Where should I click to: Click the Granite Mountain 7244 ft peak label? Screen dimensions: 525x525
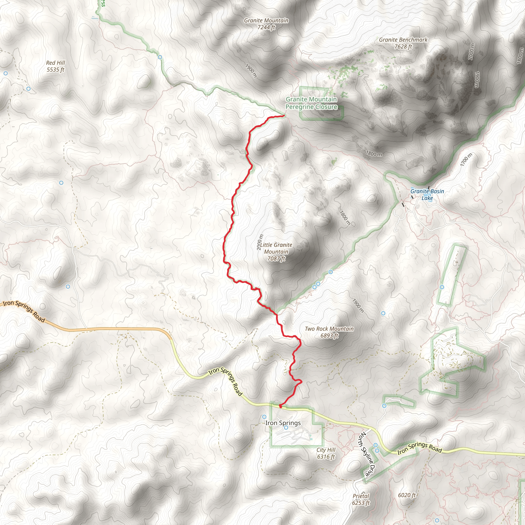coord(266,24)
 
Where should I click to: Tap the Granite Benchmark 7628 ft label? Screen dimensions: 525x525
coord(403,43)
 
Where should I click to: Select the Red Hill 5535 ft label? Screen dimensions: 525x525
coord(55,66)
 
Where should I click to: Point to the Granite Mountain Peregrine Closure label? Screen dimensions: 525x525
coord(311,103)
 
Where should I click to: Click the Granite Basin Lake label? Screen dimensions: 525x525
coord(427,195)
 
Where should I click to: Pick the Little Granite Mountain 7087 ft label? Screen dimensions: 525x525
coord(276,252)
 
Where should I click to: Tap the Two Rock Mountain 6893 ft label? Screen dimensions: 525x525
coord(329,332)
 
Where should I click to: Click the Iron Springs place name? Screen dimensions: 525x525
coord(283,423)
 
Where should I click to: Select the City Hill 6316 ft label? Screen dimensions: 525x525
coord(326,453)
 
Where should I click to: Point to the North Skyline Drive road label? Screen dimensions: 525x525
coord(367,454)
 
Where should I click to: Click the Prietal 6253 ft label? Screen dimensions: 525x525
coord(361,499)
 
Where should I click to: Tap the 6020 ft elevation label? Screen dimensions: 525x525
coord(407,495)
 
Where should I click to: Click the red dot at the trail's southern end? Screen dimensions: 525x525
coord(280,406)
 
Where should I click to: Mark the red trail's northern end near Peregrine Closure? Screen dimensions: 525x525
coord(284,116)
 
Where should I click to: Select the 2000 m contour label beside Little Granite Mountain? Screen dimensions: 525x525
coord(260,242)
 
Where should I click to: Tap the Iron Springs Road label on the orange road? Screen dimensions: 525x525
coord(24,311)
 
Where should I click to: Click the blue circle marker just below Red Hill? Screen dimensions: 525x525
coord(28,89)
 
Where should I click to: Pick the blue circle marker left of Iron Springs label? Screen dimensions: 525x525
coord(264,417)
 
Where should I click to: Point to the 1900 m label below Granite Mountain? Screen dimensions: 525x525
coord(251,71)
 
